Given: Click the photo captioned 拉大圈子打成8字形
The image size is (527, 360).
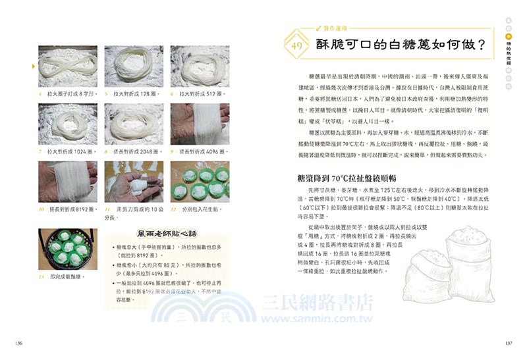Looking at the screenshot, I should pyautogui.click(x=68, y=66).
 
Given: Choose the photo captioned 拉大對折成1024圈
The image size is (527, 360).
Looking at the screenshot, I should pyautogui.click(x=68, y=124).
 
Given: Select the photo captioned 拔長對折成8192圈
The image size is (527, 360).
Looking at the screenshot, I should pyautogui.click(x=68, y=182).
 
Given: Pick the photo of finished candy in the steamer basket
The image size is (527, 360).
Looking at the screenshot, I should pyautogui.click(x=68, y=247).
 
